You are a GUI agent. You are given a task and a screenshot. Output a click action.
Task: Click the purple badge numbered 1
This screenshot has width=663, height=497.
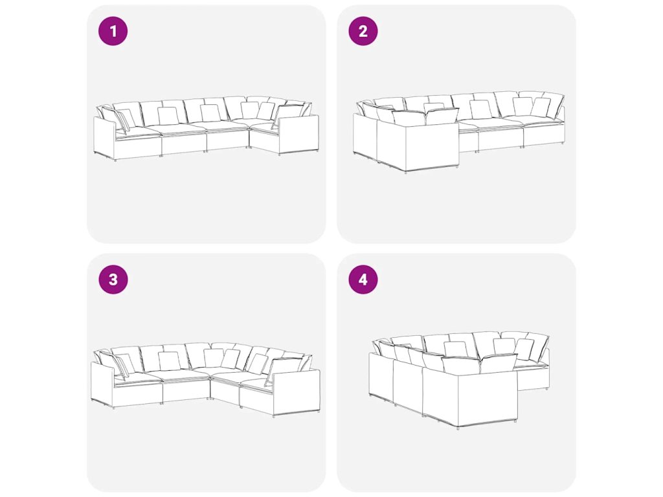point(113,31)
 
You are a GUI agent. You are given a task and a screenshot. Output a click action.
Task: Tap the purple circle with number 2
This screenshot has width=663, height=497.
point(363,31)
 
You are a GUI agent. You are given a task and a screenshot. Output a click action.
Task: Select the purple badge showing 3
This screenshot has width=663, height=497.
point(113,280)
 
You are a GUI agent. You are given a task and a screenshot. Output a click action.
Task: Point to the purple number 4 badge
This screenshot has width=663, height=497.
point(363,280)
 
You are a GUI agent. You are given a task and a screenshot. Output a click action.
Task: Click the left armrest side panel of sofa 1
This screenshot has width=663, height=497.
point(104,137)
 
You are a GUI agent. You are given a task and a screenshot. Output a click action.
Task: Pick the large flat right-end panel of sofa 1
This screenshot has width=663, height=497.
point(298,135)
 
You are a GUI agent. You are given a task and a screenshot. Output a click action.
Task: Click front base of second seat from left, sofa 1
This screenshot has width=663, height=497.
point(184,143)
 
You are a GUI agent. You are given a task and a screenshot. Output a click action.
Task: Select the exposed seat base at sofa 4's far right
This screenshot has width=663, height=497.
point(534,378)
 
